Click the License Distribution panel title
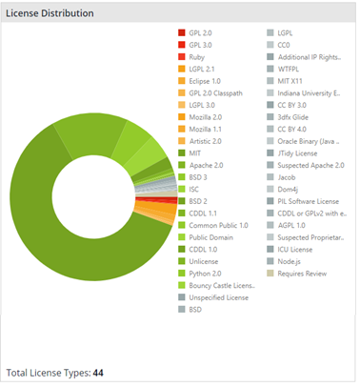click(x=50, y=13)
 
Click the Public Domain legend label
click(x=211, y=237)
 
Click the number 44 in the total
click(x=97, y=373)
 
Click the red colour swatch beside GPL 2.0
click(x=181, y=33)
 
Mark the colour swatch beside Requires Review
click(x=270, y=274)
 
